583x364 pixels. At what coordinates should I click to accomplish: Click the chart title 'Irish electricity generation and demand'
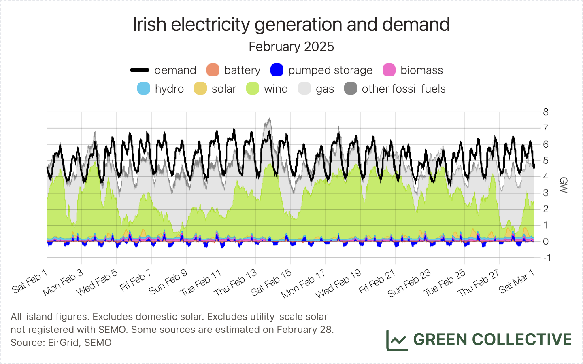[291, 25]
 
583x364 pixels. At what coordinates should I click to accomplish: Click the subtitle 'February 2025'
[291, 47]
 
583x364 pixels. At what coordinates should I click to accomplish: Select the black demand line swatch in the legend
[140, 70]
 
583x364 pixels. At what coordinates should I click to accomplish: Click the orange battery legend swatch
[213, 70]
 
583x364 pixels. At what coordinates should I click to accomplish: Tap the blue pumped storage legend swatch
[277, 70]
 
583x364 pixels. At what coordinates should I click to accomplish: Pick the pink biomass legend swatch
[389, 70]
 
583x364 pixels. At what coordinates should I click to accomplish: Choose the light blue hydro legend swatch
[144, 89]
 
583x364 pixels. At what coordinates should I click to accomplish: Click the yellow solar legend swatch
[200, 89]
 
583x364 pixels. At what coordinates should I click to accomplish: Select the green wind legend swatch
[253, 89]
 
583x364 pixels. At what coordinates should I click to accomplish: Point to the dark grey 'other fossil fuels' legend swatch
[351, 89]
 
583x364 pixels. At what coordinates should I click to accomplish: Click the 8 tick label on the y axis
[546, 112]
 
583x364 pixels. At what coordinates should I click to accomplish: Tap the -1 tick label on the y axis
[546, 258]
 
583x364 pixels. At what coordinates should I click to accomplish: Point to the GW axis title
[563, 185]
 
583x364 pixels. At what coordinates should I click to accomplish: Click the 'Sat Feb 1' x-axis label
[30, 283]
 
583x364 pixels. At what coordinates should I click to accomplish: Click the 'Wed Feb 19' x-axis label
[338, 284]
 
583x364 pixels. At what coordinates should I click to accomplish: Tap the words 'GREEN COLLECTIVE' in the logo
[492, 340]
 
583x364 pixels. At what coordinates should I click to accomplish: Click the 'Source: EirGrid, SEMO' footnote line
[61, 343]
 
